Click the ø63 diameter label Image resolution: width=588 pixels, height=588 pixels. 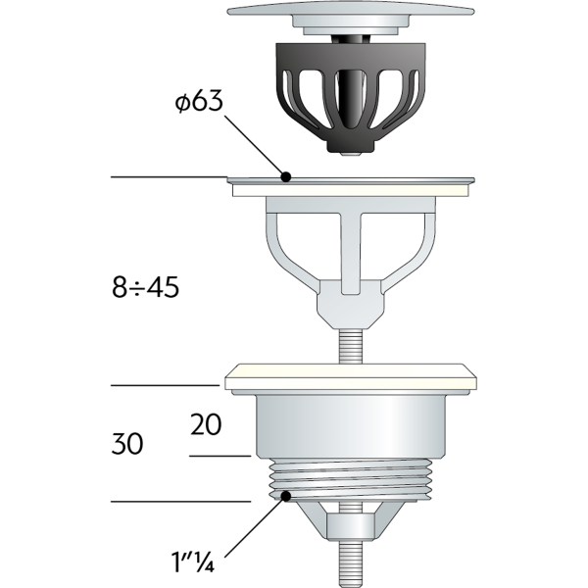tap(199, 101)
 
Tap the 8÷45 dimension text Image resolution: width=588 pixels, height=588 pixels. tap(145, 287)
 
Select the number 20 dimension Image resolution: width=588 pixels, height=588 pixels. tap(206, 425)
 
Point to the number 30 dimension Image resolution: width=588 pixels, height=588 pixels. tap(127, 444)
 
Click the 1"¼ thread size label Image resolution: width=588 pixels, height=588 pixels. tap(193, 563)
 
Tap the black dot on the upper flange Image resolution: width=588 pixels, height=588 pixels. tap(286, 176)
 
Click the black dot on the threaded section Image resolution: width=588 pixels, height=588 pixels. tap(286, 496)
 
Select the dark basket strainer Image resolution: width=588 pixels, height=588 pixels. tap(351, 97)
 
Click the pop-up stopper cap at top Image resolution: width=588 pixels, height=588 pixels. tap(351, 18)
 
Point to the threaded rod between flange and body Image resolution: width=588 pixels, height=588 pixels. tap(351, 346)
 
